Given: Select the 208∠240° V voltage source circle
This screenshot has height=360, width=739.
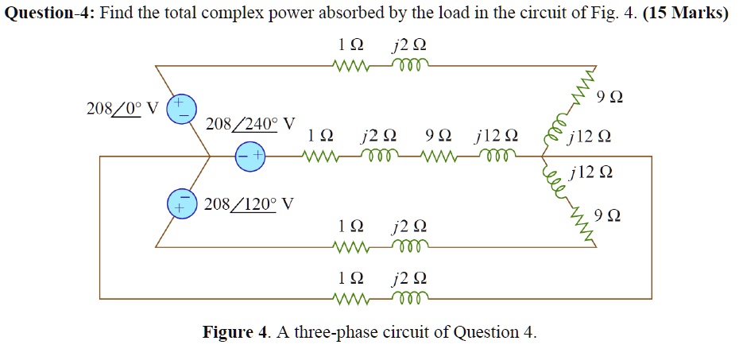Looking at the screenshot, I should (x=250, y=157).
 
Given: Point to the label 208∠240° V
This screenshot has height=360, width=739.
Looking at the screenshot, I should (x=250, y=125).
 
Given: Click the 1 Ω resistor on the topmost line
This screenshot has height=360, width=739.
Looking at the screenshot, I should (x=350, y=66).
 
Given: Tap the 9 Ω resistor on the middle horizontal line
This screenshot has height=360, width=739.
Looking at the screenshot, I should (x=438, y=157).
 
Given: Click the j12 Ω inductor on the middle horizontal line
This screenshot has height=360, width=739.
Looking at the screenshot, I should (x=498, y=157).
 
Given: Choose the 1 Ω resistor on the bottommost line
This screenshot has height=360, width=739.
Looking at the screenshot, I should (x=350, y=299).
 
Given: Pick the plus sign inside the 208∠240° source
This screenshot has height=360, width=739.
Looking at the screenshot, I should (x=257, y=157).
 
